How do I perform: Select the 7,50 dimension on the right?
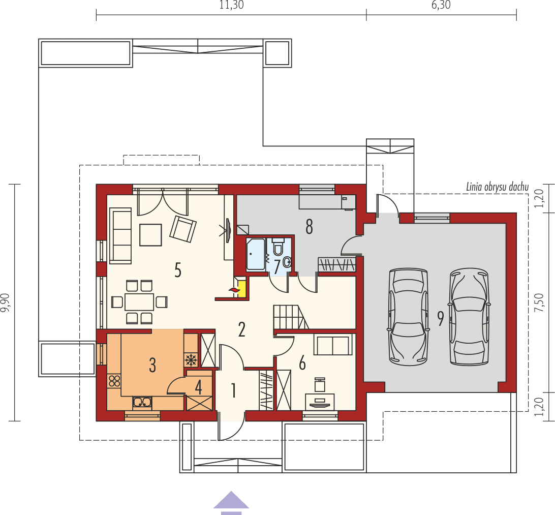click(545, 302)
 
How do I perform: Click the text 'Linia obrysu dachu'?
click(497, 187)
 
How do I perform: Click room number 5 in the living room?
click(178, 270)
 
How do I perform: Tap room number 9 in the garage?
click(441, 319)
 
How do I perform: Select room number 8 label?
click(309, 227)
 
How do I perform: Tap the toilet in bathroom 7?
click(279, 248)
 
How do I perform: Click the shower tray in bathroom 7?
click(255, 254)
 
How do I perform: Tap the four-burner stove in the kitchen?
click(114, 381)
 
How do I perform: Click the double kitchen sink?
click(142, 403)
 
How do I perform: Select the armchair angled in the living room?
click(182, 229)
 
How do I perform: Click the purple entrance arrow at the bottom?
click(231, 502)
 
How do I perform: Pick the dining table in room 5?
click(139, 302)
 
